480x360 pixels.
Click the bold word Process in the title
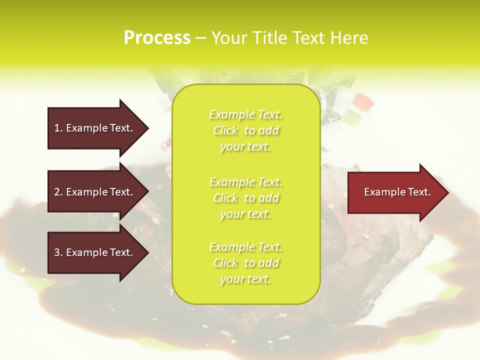(x=157, y=38)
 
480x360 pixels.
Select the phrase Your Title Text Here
(x=290, y=38)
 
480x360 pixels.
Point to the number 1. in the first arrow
(x=58, y=128)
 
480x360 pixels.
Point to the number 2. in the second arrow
(x=58, y=192)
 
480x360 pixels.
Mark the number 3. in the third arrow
(x=58, y=252)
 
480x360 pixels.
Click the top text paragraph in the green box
(x=246, y=130)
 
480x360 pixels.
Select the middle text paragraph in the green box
(x=246, y=198)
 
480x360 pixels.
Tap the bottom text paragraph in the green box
(x=246, y=263)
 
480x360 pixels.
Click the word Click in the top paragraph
(x=225, y=131)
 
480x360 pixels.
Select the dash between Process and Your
(x=200, y=38)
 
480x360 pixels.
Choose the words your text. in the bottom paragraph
(x=245, y=279)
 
